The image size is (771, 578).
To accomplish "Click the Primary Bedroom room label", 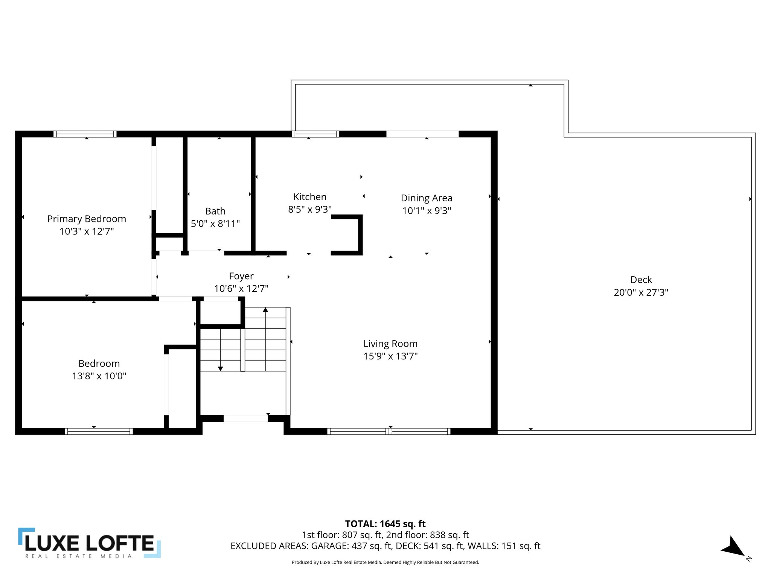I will tap(87, 219).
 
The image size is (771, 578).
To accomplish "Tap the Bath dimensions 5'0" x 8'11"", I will tap(215, 224).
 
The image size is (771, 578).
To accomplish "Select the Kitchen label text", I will tap(309, 197).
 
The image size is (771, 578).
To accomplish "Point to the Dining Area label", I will tap(426, 198).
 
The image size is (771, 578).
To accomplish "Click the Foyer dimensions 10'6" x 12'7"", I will tap(241, 289).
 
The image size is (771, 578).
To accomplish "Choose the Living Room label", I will tap(390, 344).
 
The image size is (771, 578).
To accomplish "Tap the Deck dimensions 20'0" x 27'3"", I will tap(641, 292).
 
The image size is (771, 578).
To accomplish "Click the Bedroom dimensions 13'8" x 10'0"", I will tap(99, 376).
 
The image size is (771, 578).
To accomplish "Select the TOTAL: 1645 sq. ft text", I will tap(385, 524).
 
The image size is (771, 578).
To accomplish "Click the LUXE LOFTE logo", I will tap(90, 543).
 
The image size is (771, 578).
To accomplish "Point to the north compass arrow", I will tap(733, 547).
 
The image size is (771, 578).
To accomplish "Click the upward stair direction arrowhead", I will tap(265, 310).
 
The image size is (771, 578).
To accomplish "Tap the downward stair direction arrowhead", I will tap(221, 369).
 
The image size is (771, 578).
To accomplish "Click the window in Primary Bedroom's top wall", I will tap(85, 134).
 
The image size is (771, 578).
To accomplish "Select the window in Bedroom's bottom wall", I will tap(99, 431).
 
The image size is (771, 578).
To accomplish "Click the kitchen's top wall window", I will tap(315, 134).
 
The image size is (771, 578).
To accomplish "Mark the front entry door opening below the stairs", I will tap(245, 418).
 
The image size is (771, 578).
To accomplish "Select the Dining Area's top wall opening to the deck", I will tap(422, 134).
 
